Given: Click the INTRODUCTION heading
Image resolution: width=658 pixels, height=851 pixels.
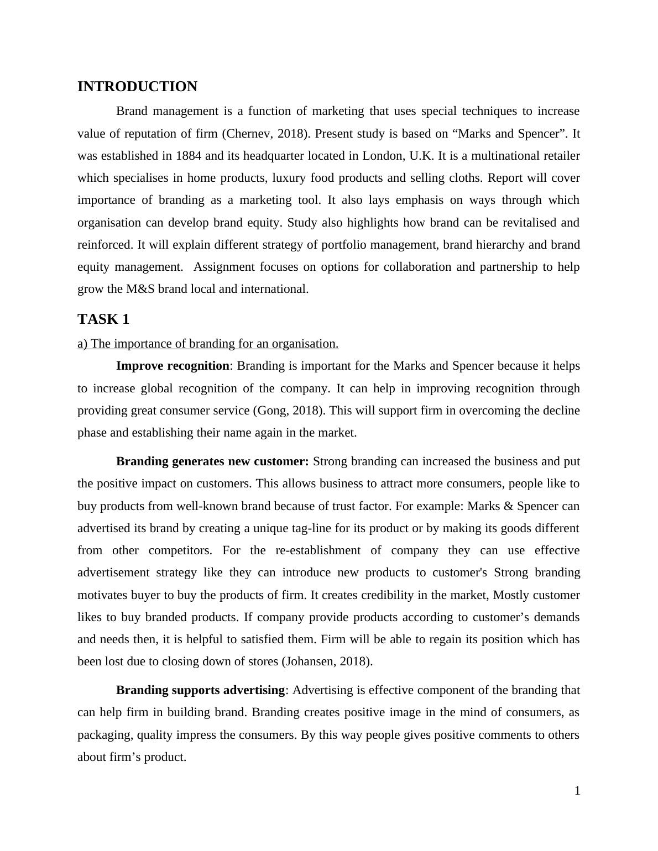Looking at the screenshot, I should [x=137, y=87].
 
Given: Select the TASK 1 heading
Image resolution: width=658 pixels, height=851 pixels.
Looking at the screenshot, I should [x=103, y=319].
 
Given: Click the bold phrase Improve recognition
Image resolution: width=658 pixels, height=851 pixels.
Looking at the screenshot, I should [x=173, y=366].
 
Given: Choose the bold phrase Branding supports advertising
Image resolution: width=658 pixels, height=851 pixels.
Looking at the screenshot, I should [x=200, y=690].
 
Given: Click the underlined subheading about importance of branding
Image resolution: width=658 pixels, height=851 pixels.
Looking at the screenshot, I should [x=208, y=344].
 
